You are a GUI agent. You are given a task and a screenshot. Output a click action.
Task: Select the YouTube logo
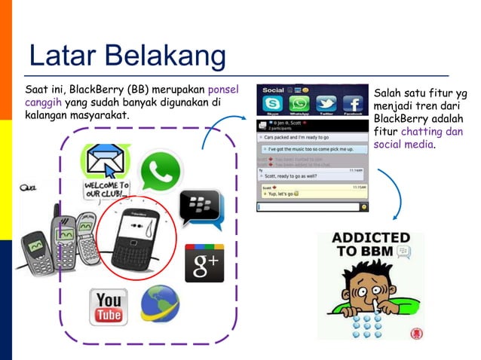click(x=109, y=307)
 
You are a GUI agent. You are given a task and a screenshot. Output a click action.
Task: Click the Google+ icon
click(x=204, y=263)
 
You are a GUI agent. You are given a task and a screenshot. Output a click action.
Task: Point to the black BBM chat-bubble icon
click(x=201, y=209)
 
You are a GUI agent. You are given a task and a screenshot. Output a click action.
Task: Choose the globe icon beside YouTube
click(x=160, y=304)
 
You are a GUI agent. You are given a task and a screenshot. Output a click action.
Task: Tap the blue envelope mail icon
click(x=105, y=160)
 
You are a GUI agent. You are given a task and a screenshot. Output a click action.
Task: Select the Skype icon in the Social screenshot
click(x=272, y=104)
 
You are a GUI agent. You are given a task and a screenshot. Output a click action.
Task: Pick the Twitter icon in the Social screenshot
click(x=326, y=104)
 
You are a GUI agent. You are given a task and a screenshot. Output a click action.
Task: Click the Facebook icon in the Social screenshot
click(x=352, y=104)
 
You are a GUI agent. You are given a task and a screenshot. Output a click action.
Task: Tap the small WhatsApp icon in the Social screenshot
click(x=299, y=104)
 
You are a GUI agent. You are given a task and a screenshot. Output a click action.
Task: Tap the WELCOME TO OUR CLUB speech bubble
click(x=106, y=189)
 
